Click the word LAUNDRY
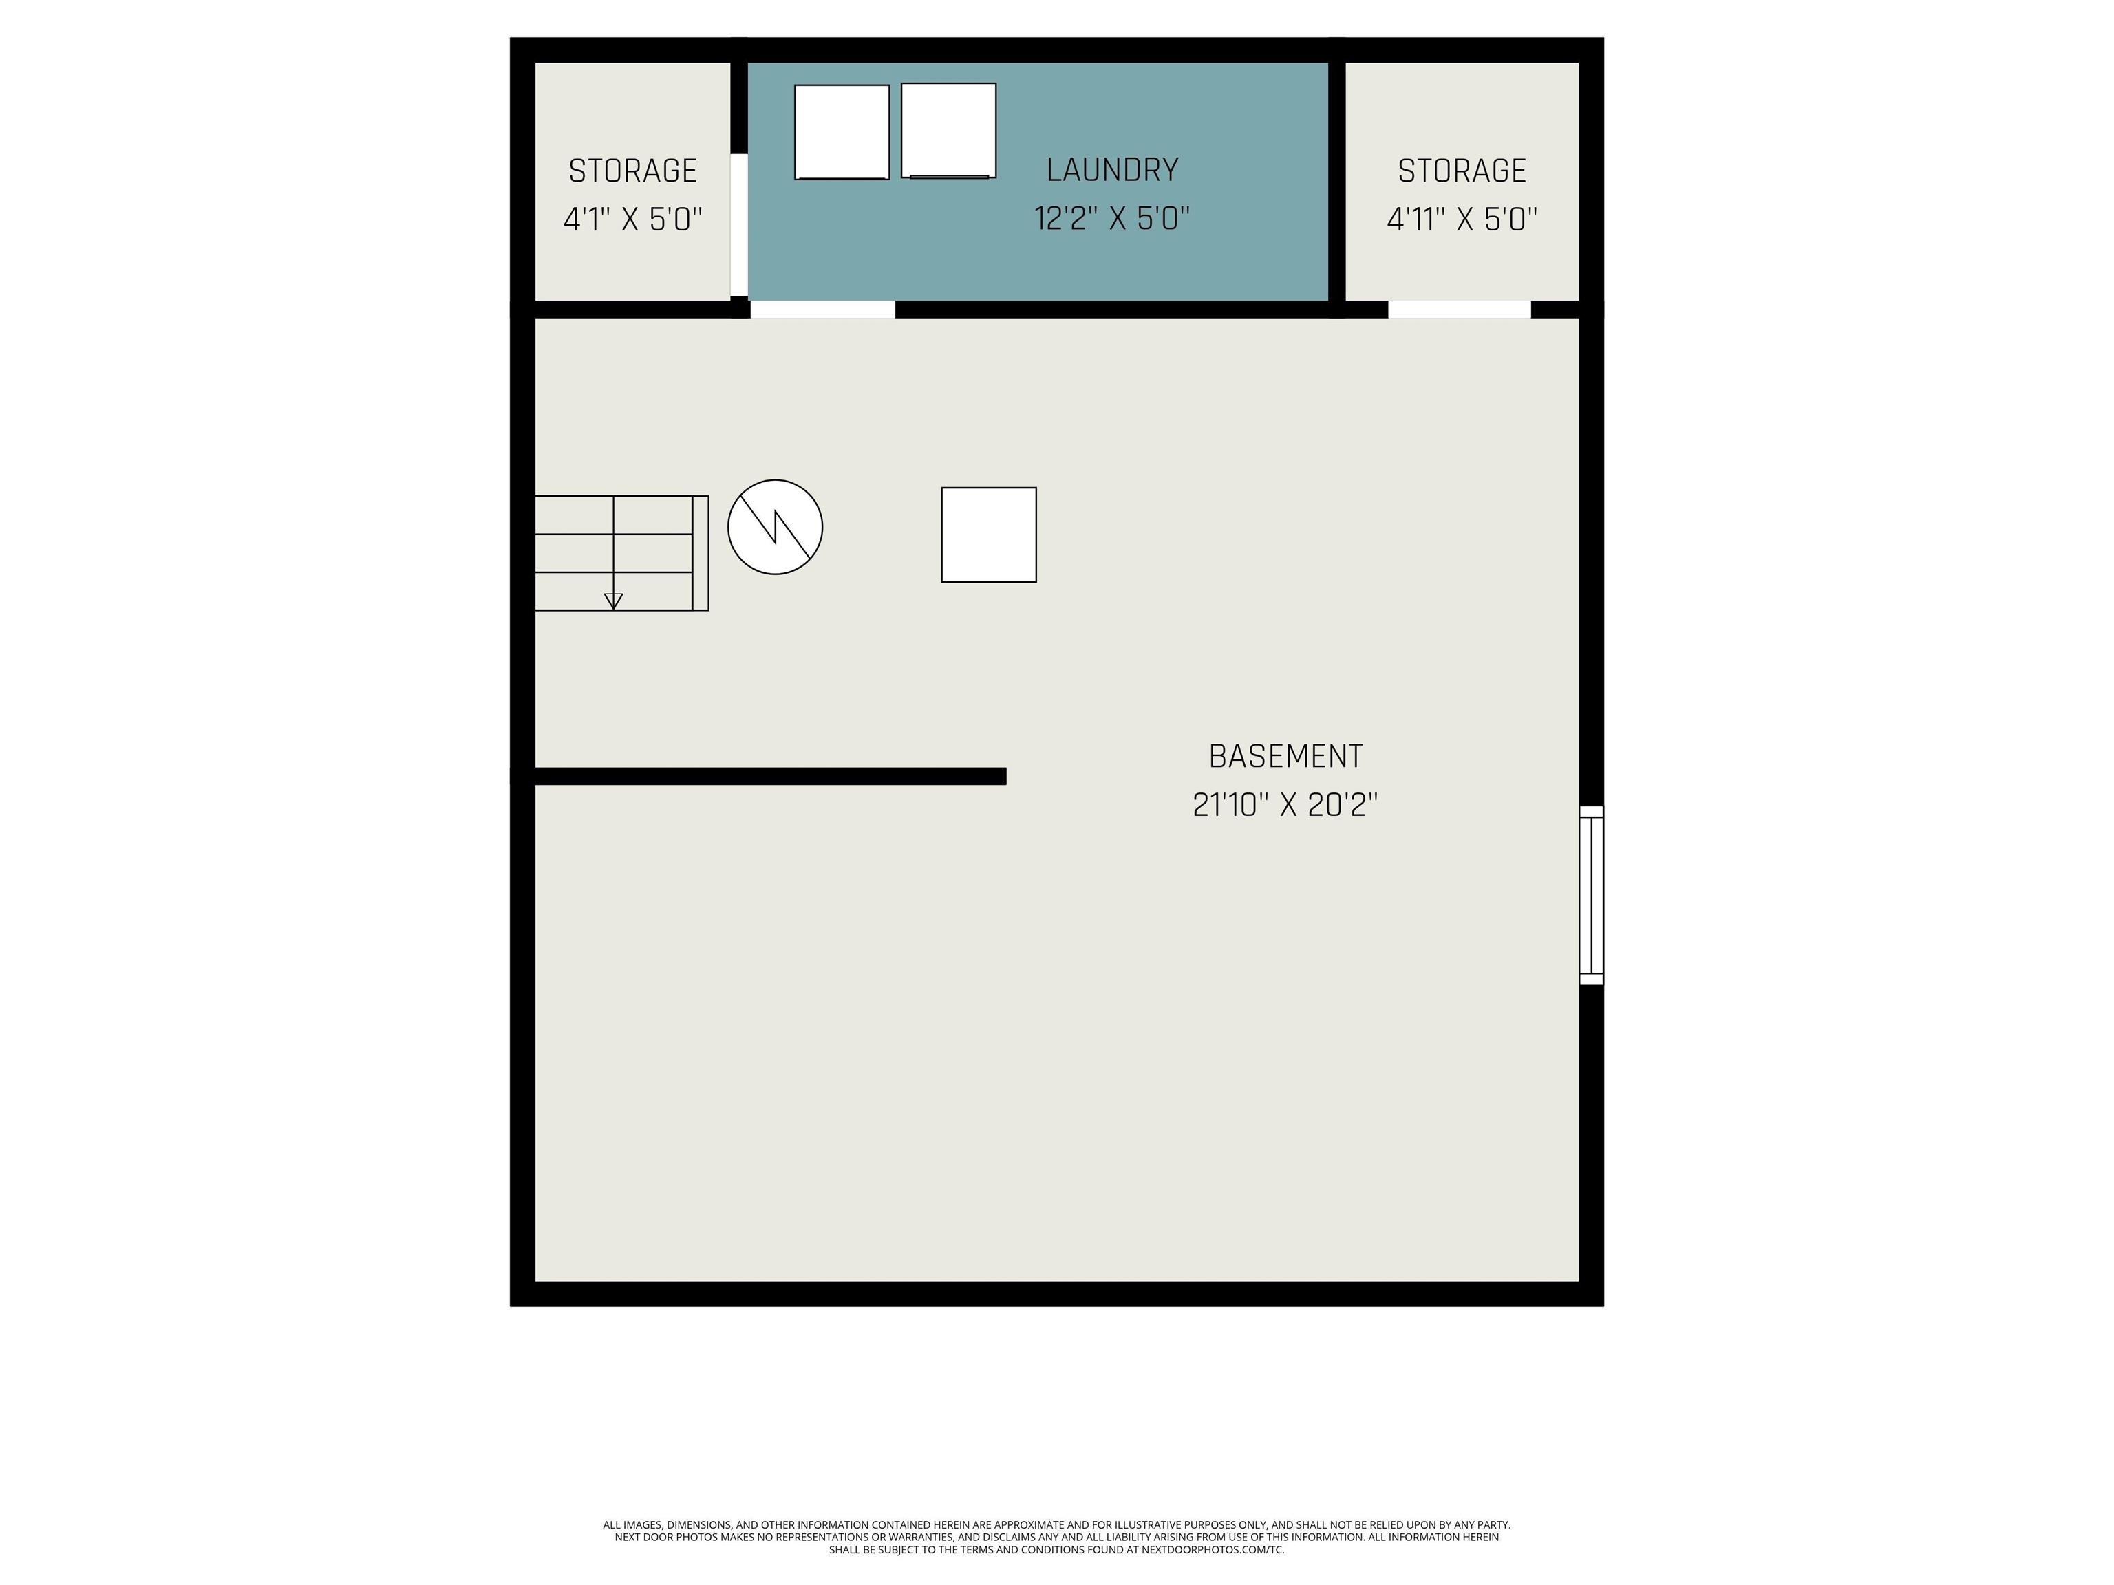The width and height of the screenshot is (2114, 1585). tap(1113, 170)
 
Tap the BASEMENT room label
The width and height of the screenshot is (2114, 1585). tap(1285, 757)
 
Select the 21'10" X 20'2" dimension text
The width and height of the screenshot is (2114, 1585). tap(1285, 806)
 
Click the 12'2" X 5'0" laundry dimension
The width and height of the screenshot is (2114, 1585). tap(1113, 219)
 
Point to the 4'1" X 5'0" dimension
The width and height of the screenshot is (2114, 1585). tap(632, 219)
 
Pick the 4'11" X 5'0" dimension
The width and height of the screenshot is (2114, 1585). tap(1462, 219)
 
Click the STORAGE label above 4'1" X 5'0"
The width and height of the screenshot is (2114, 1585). tap(632, 171)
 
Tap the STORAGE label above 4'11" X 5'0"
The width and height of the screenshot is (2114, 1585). tap(1462, 171)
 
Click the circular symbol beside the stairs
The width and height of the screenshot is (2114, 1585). tap(775, 528)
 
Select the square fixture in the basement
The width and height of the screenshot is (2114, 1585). tap(989, 535)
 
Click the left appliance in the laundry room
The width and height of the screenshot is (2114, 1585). tap(842, 132)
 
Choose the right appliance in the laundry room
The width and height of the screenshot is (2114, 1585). tap(949, 130)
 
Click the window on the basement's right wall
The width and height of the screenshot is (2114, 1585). tap(1591, 895)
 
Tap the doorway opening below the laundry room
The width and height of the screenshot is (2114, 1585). tap(823, 310)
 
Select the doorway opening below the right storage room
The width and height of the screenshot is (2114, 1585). tap(1460, 310)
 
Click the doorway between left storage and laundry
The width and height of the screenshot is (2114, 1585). tap(739, 224)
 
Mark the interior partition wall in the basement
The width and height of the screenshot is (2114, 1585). tap(770, 777)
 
